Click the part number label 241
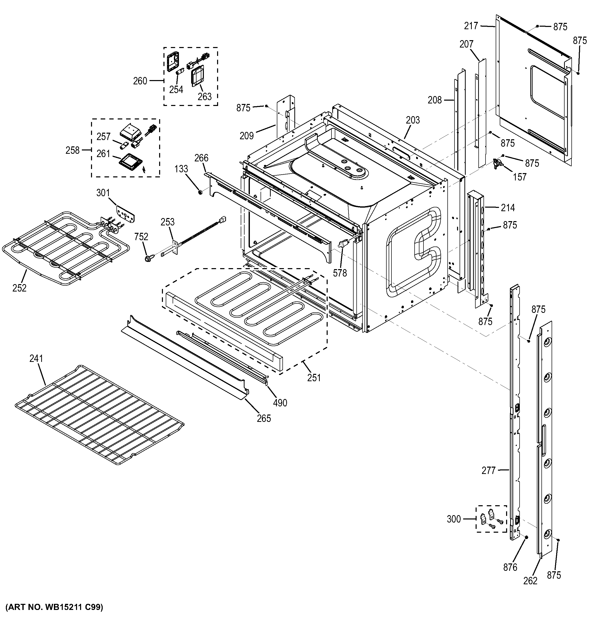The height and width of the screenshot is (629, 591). pos(36,359)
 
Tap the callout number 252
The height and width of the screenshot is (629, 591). pos(19,288)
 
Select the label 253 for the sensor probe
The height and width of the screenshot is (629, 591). pos(167,222)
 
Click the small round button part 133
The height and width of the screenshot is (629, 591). pos(200,191)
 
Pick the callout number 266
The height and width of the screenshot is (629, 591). pos(201,158)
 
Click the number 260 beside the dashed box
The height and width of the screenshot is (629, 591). pos(140,81)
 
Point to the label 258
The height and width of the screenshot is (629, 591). pos(72,150)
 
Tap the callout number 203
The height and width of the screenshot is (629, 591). pos(413,120)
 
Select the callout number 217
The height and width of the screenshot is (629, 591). pos(471,26)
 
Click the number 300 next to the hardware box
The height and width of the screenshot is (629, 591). pos(454,519)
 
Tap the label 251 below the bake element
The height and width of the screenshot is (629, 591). pos(314,377)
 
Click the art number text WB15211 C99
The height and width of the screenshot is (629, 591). pos(54,607)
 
